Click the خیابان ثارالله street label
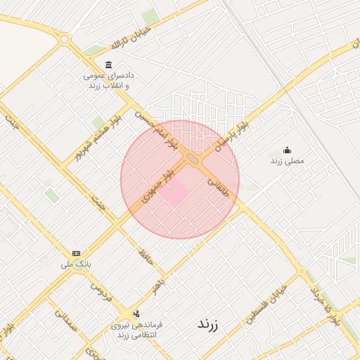127,37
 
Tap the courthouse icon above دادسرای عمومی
108,65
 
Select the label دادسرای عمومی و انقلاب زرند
109,79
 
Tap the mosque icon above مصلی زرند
286,150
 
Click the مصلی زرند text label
286,161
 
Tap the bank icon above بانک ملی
76,253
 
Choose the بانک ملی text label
77,264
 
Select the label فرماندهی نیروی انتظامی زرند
139,330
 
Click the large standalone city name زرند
207,325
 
